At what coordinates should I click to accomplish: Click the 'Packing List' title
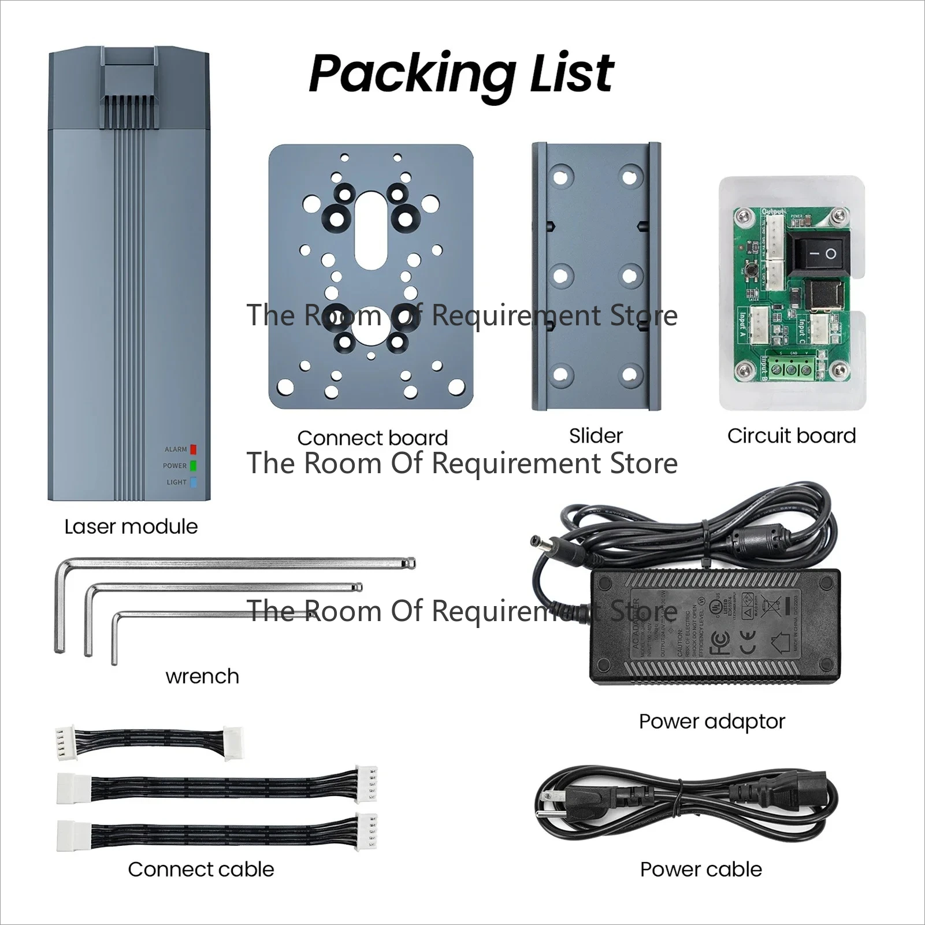tap(461, 74)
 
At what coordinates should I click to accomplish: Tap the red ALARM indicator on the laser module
tap(194, 450)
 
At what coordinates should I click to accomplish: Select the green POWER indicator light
tap(194, 466)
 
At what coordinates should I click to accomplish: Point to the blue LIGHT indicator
tap(194, 482)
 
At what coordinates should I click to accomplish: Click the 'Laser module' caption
tap(131, 526)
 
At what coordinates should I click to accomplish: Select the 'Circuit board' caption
tap(792, 436)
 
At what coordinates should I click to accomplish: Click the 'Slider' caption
tap(596, 436)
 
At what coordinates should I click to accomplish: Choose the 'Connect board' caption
tap(373, 438)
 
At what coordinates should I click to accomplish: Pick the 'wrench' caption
tap(202, 676)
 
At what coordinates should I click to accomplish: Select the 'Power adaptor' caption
tap(712, 721)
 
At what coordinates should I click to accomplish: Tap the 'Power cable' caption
tap(701, 869)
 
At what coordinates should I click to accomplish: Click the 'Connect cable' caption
tap(201, 869)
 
